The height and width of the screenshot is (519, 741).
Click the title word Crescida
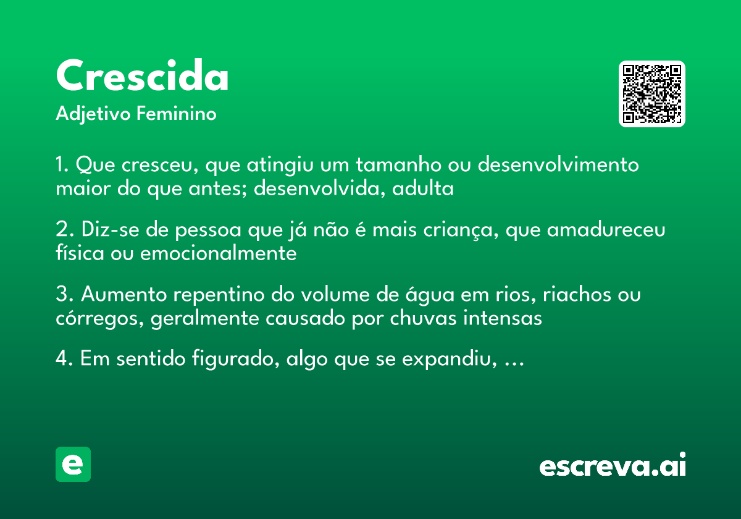coord(142,77)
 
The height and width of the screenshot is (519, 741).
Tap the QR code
coord(652,94)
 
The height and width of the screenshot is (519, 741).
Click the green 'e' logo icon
coord(73,464)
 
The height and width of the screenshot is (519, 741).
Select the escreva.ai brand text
coord(613,465)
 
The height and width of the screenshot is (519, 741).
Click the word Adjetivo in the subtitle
coord(93,114)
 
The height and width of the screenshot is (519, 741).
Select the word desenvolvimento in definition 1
coord(559,166)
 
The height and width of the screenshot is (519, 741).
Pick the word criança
coord(459,230)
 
